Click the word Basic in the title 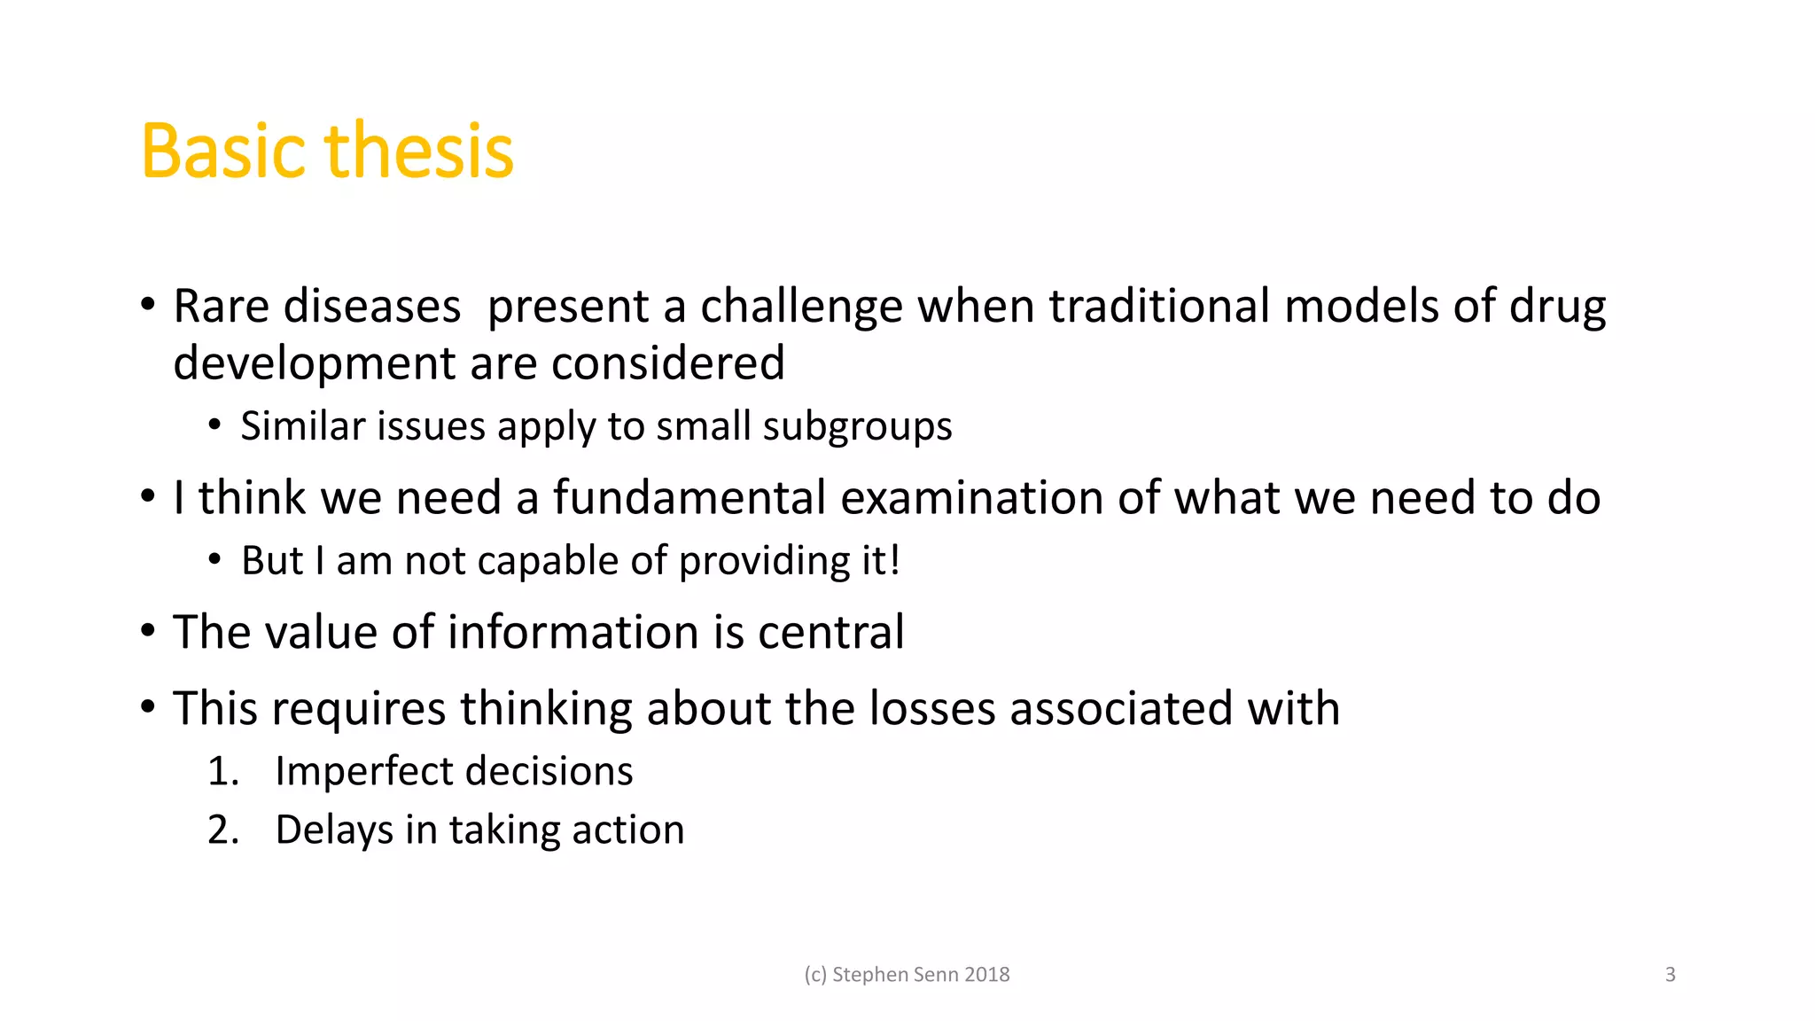pyautogui.click(x=225, y=152)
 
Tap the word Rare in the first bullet pyautogui.click(x=221, y=307)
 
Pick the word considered pyautogui.click(x=667, y=363)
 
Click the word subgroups pyautogui.click(x=857, y=427)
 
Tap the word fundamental pyautogui.click(x=689, y=497)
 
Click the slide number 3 pyautogui.click(x=1670, y=975)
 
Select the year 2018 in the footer pyautogui.click(x=986, y=975)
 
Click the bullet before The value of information pyautogui.click(x=148, y=632)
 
